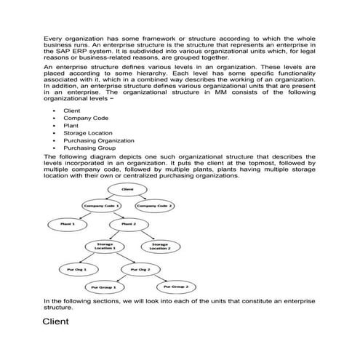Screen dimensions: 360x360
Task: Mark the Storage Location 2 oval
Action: click(x=159, y=246)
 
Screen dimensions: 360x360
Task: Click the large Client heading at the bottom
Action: click(x=55, y=321)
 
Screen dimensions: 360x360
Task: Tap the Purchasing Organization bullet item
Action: click(x=99, y=140)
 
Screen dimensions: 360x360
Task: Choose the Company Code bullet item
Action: click(x=87, y=118)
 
